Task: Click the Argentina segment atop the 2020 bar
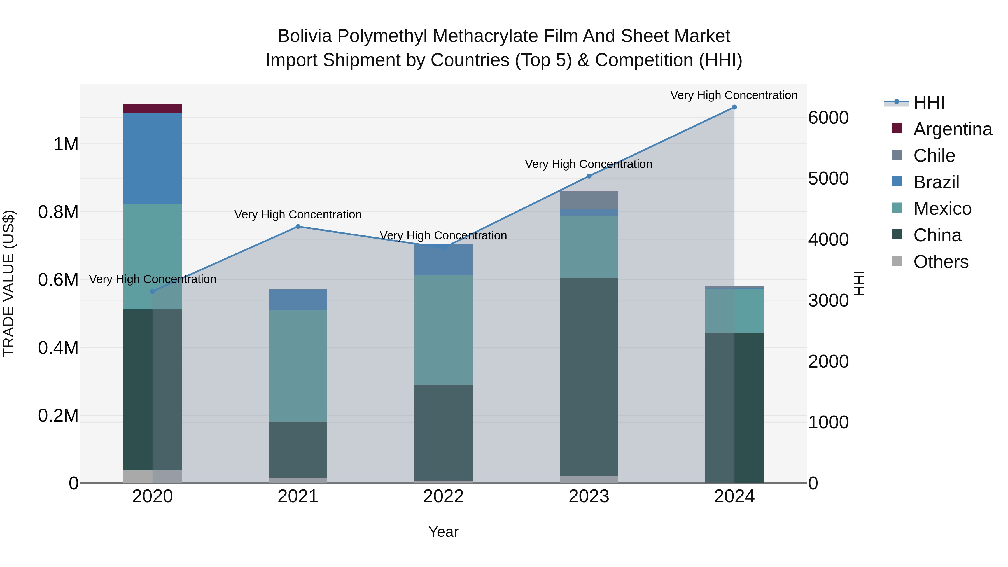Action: click(x=152, y=108)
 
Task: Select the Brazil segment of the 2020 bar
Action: click(x=152, y=158)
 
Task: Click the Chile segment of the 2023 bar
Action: click(x=589, y=200)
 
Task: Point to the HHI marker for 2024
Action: click(x=734, y=107)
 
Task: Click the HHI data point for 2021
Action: click(x=298, y=227)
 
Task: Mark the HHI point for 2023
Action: click(x=589, y=176)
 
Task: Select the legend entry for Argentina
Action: click(x=953, y=129)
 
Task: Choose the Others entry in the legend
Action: click(x=941, y=262)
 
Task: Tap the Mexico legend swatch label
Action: click(x=942, y=209)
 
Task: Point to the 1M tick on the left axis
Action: click(x=66, y=144)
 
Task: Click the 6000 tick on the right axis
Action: click(x=829, y=118)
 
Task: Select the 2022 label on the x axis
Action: click(x=443, y=496)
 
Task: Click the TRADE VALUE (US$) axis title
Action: click(x=9, y=283)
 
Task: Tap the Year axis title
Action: click(x=443, y=532)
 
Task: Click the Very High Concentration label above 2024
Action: click(x=734, y=95)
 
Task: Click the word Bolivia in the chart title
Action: click(x=305, y=36)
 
